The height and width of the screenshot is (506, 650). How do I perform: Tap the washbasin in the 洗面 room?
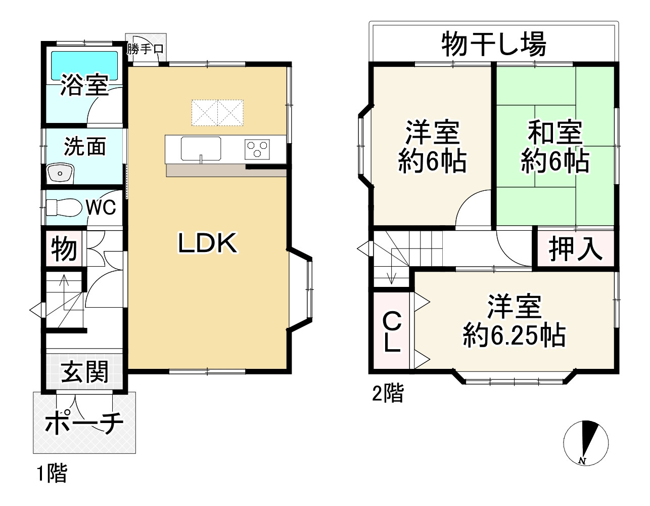pyautogui.click(x=60, y=174)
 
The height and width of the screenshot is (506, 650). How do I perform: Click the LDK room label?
pyautogui.click(x=207, y=244)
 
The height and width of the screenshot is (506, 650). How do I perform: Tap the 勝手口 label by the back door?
pyautogui.click(x=145, y=50)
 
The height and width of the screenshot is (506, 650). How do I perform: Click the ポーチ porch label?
pyautogui.click(x=84, y=424)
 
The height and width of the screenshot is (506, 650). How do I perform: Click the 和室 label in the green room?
pyautogui.click(x=555, y=133)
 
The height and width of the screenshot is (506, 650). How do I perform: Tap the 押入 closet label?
pyautogui.click(x=576, y=248)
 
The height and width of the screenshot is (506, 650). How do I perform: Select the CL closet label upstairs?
pyautogui.click(x=392, y=332)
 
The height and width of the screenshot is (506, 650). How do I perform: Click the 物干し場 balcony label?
pyautogui.click(x=494, y=44)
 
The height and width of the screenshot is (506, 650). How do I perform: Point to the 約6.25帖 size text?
pyautogui.click(x=514, y=335)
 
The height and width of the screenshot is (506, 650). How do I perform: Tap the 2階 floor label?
pyautogui.click(x=388, y=393)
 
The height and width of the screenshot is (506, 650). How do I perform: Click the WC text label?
pyautogui.click(x=101, y=207)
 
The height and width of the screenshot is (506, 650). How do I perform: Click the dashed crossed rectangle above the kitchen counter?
pyautogui.click(x=217, y=112)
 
